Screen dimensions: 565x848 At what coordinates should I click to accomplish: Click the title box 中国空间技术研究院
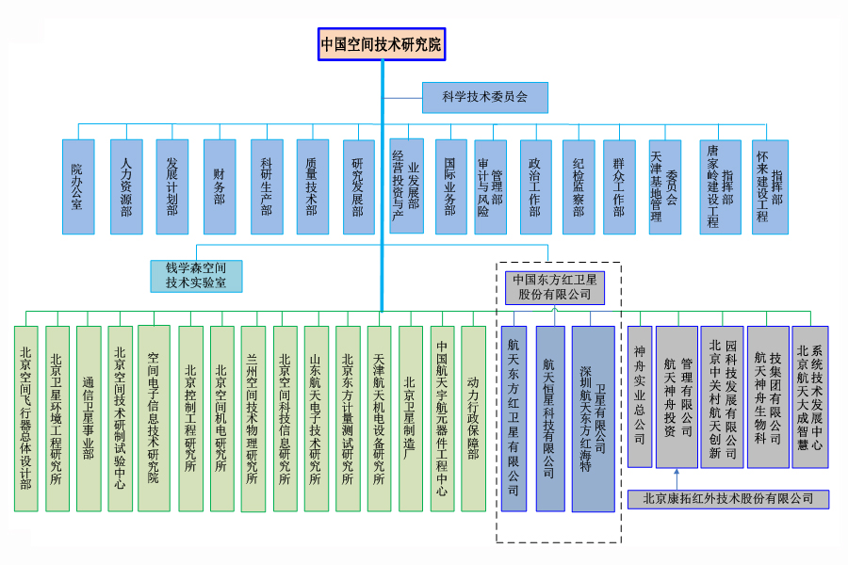(x=381, y=44)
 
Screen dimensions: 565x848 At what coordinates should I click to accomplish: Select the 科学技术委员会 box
(x=484, y=96)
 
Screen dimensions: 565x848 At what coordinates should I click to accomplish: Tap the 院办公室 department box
(x=78, y=186)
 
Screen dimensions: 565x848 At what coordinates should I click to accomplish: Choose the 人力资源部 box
(x=126, y=186)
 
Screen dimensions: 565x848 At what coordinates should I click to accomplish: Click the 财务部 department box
(x=219, y=186)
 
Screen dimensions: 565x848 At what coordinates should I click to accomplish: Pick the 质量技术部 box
(x=312, y=186)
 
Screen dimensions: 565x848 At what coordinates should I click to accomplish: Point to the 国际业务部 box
(x=450, y=186)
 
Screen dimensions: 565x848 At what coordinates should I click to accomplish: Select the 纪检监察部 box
(x=579, y=186)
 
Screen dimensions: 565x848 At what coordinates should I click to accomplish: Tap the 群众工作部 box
(x=618, y=186)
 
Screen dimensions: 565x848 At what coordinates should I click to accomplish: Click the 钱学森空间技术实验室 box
(x=196, y=275)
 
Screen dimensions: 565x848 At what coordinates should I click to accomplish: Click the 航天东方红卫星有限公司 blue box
(x=514, y=418)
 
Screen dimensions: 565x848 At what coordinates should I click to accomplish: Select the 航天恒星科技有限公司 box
(x=550, y=418)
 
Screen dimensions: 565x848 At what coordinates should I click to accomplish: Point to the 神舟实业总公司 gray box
(x=640, y=396)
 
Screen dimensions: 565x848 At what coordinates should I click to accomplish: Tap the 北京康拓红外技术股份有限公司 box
(x=728, y=499)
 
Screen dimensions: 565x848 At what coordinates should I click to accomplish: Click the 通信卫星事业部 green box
(x=89, y=418)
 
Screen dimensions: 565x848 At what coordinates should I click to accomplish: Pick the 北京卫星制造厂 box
(x=410, y=418)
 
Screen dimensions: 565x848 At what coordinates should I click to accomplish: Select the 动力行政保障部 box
(x=473, y=418)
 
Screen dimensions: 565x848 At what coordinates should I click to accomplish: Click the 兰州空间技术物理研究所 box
(x=253, y=418)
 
